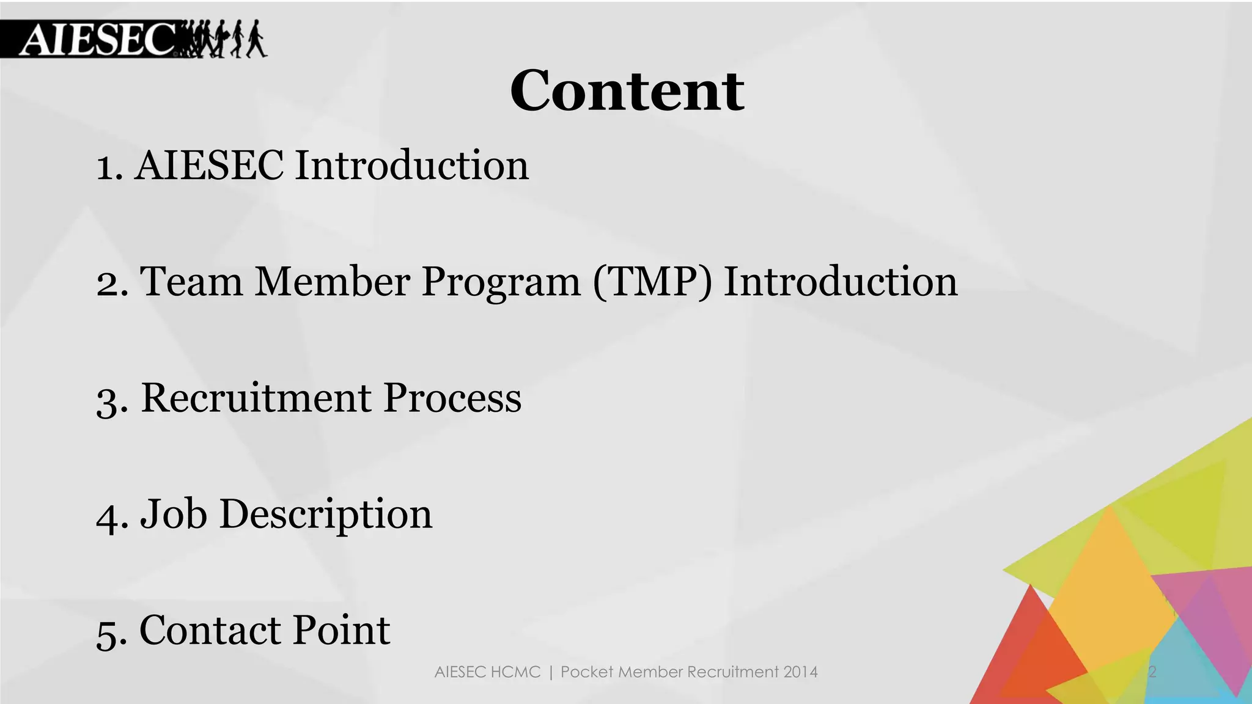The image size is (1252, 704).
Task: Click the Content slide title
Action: point(627,91)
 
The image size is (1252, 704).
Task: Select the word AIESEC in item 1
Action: point(209,166)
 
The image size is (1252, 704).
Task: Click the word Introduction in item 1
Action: point(411,166)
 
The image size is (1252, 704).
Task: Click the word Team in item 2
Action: point(191,282)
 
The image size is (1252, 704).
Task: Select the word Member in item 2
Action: point(332,282)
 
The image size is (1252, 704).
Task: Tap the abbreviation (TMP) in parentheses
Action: point(652,282)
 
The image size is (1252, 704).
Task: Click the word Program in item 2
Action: point(501,283)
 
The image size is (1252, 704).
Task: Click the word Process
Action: point(452,398)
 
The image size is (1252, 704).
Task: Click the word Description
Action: point(325,515)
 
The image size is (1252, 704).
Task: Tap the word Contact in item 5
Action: point(210,630)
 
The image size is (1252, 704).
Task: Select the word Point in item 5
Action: point(341,630)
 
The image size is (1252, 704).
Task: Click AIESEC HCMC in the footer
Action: point(487,672)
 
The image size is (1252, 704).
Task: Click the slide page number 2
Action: point(1152,672)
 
